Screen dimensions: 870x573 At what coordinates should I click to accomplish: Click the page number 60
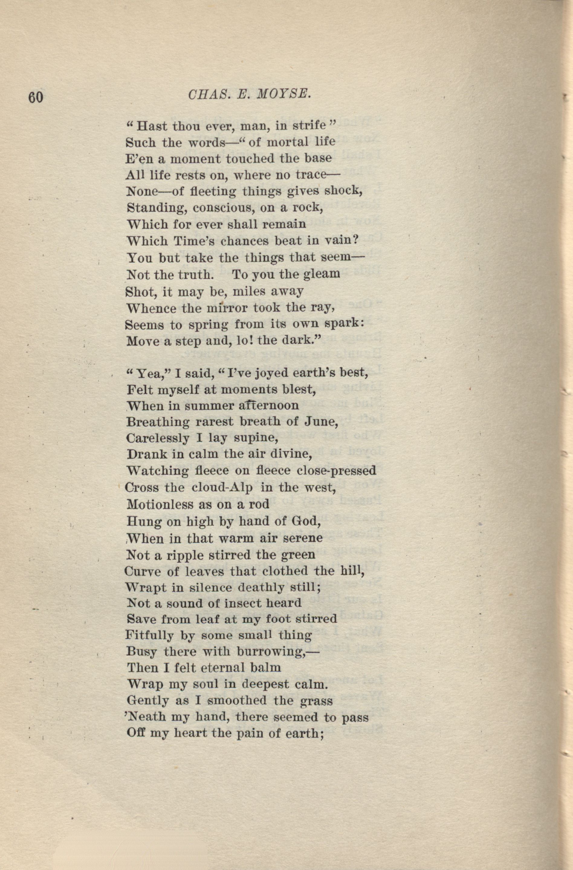[35, 98]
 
